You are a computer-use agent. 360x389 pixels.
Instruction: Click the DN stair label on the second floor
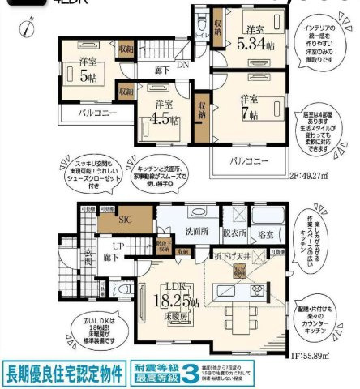click(x=185, y=66)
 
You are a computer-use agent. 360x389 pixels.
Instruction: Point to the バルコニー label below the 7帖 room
click(x=247, y=161)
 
